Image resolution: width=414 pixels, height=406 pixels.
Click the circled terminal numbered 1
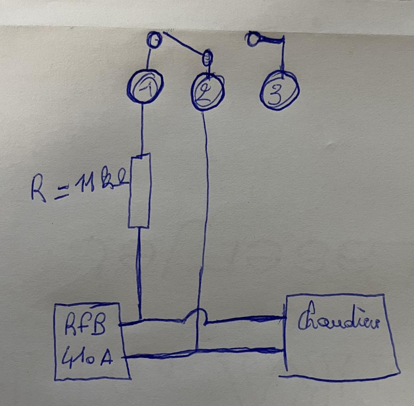click(x=145, y=86)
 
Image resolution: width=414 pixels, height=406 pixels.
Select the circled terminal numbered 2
click(x=207, y=92)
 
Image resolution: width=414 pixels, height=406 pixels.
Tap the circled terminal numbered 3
click(x=279, y=91)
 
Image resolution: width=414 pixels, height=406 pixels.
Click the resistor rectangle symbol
click(x=139, y=191)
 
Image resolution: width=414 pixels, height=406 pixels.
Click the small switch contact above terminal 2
click(x=207, y=59)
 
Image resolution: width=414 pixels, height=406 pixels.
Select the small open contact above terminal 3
click(x=252, y=39)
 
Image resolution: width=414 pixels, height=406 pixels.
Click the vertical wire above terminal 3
click(x=282, y=56)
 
